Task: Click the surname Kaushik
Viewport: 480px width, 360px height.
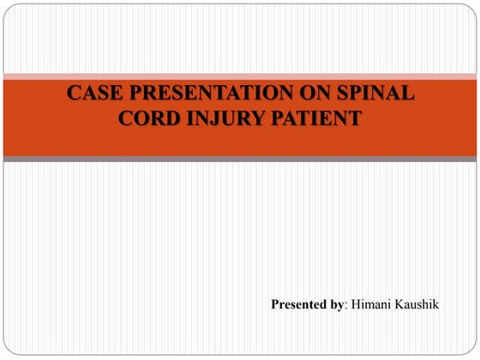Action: (x=421, y=305)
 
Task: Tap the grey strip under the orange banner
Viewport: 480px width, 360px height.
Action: (x=239, y=159)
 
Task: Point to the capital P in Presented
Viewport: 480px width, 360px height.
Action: (x=275, y=305)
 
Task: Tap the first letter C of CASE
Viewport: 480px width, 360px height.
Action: (x=75, y=93)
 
